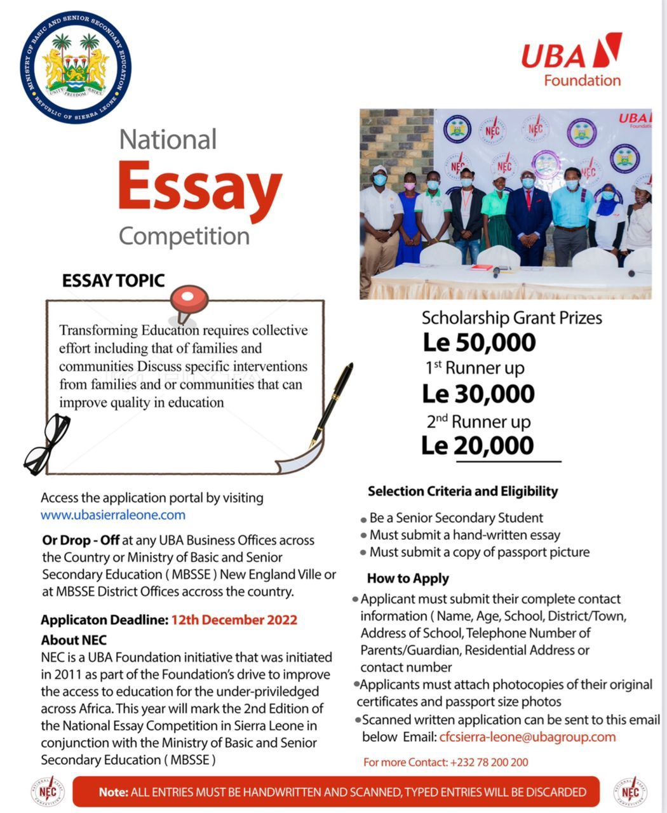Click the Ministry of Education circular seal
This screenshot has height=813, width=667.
(x=75, y=67)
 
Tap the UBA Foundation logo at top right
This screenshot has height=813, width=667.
(x=572, y=61)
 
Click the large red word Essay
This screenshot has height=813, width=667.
(x=199, y=187)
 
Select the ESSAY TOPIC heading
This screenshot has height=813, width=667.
(x=113, y=281)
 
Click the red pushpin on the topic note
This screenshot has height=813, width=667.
(x=189, y=300)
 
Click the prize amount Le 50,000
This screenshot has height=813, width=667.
(x=480, y=343)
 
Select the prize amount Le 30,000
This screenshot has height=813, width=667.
(x=478, y=394)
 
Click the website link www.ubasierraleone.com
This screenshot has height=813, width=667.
(x=113, y=515)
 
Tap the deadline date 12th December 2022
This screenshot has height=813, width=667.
(x=234, y=620)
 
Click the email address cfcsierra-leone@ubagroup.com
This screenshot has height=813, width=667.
(x=527, y=737)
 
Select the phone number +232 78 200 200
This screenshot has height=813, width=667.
(x=488, y=762)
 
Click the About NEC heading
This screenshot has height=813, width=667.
(x=74, y=640)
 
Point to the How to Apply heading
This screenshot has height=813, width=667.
(x=408, y=579)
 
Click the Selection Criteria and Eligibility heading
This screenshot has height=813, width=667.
(x=462, y=491)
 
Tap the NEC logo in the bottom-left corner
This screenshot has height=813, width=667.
(x=48, y=791)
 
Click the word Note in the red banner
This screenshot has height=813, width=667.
(x=112, y=792)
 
